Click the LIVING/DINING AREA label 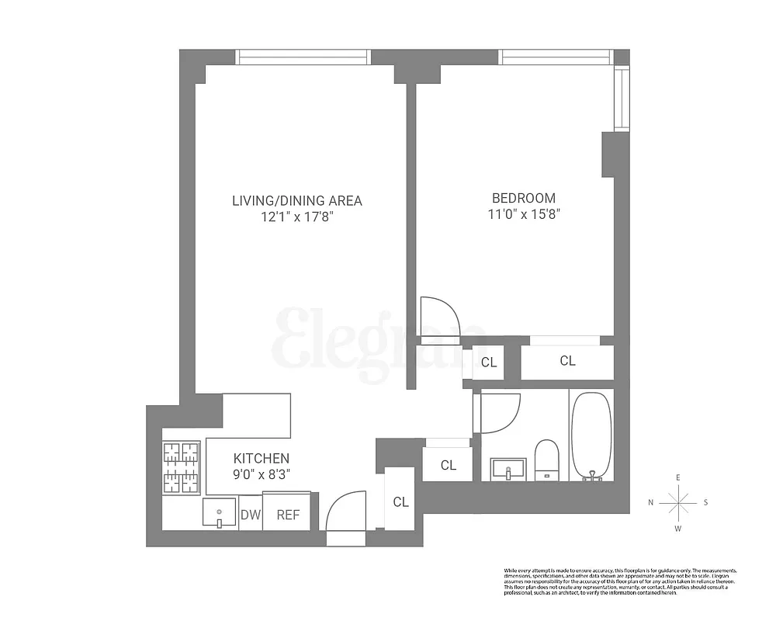pos(296,200)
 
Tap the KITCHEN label pos(262,459)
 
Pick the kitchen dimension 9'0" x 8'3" pos(262,474)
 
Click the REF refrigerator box pos(287,514)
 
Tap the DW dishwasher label pos(250,514)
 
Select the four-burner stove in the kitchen pos(181,467)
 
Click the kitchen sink pos(219,512)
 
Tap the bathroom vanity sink pos(508,469)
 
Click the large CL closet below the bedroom pos(567,361)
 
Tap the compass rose pos(678,503)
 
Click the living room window pos(303,57)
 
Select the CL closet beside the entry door pos(400,501)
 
